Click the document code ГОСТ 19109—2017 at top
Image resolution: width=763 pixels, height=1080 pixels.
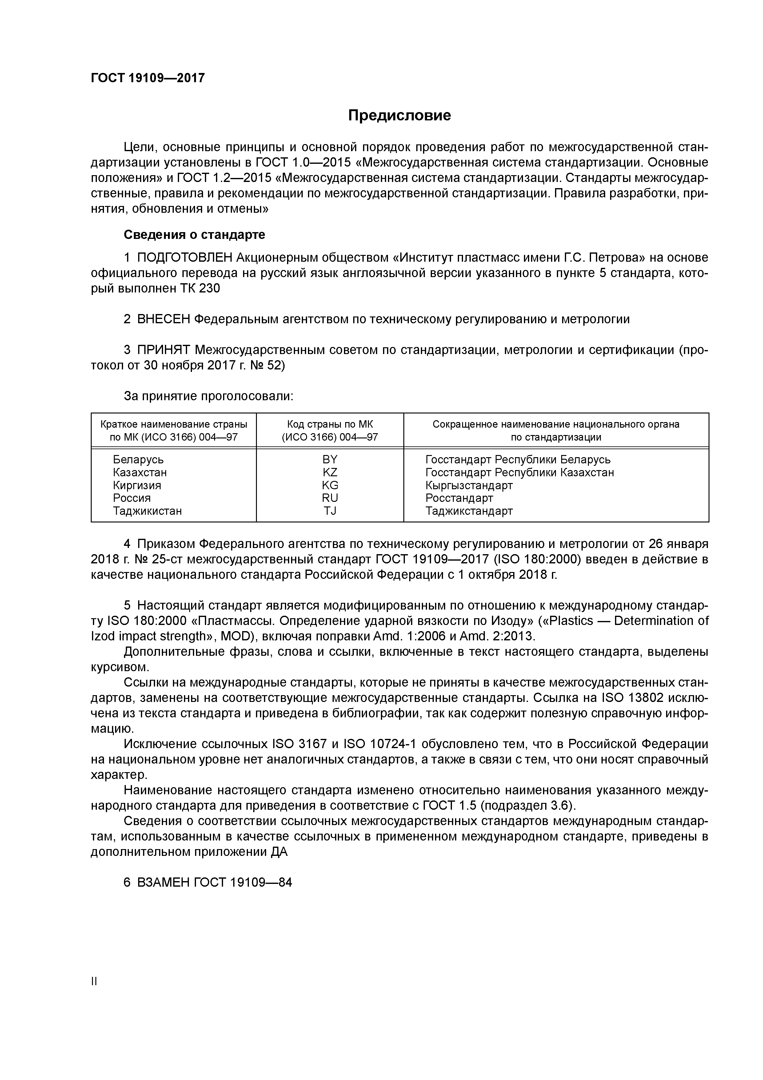point(148,78)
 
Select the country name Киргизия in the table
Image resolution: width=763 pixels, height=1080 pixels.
point(137,486)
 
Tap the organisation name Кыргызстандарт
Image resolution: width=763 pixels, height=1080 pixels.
point(469,486)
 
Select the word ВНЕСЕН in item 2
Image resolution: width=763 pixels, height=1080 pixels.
point(163,319)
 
